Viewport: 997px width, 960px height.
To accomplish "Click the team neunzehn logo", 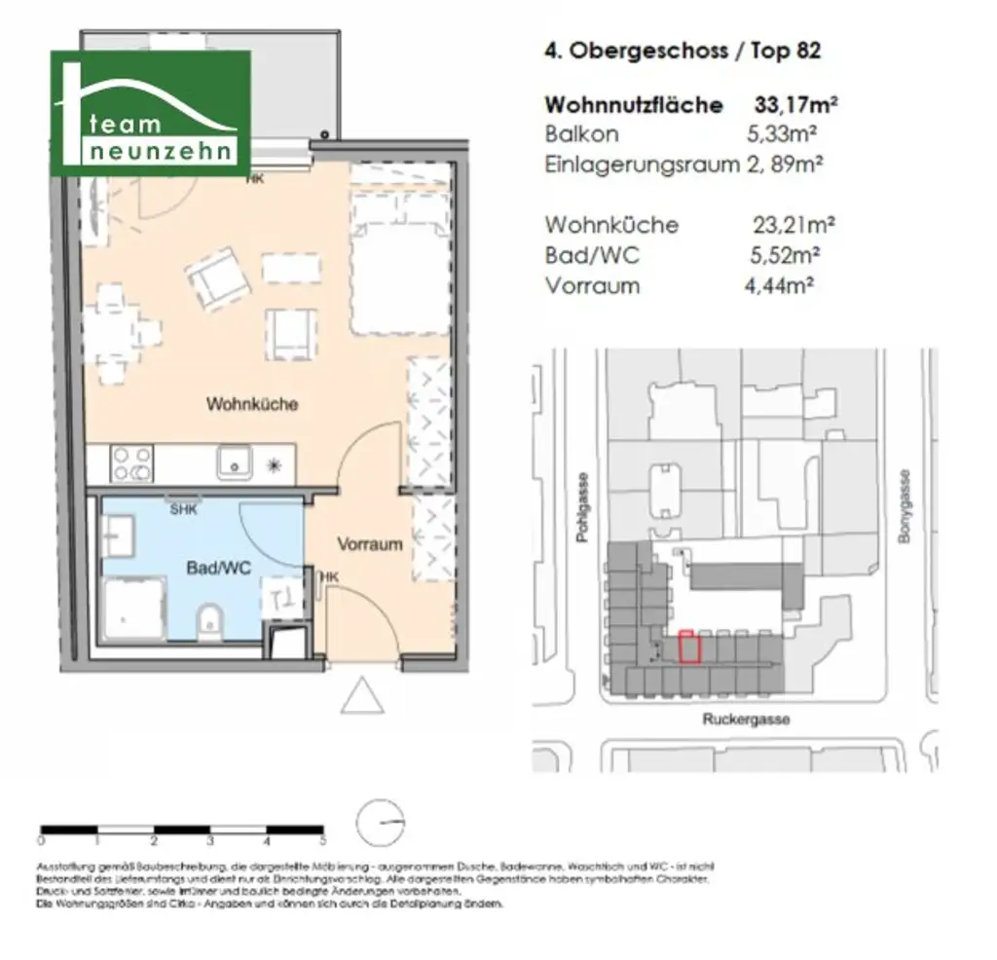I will tap(151, 113).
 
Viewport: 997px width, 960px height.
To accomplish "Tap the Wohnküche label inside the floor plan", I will tap(251, 404).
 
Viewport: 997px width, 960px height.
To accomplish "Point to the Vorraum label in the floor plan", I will tap(369, 544).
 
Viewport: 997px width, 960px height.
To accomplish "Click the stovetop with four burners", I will tap(130, 462).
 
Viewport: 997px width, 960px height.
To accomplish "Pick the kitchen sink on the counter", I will tap(234, 462).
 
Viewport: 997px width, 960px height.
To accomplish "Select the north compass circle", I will tap(380, 825).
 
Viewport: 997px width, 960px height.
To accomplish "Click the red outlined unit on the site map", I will tap(689, 646).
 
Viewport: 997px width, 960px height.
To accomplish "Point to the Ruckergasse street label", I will tap(746, 720).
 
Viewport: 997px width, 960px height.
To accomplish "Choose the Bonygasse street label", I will tap(905, 505).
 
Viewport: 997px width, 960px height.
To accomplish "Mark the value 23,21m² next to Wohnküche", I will tap(794, 225).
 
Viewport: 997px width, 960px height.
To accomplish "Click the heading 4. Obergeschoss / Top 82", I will tap(682, 51).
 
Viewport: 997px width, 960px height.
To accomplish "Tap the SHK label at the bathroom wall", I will tap(182, 509).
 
